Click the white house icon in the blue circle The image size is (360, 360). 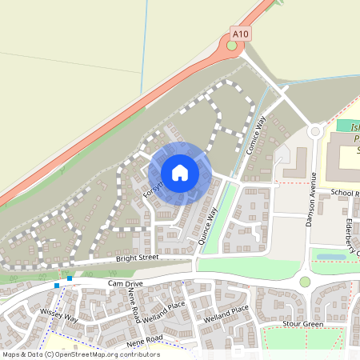(180, 172)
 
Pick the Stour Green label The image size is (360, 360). (302, 325)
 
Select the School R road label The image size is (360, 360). (345, 194)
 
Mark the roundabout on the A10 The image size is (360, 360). (232, 46)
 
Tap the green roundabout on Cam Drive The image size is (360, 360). (305, 282)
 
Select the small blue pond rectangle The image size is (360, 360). (331, 258)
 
